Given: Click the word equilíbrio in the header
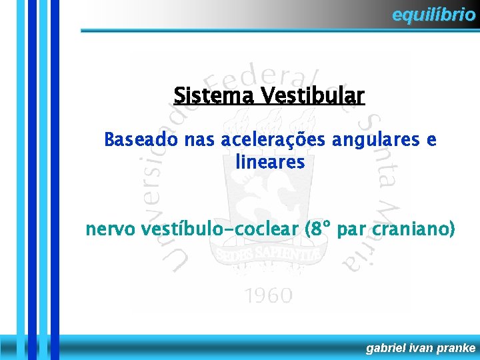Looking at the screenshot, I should click(433, 14).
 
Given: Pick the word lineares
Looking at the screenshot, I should click(270, 161).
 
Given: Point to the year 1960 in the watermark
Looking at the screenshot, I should click(267, 295).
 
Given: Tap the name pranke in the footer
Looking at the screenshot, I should click(457, 347).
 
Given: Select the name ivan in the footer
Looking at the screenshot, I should click(423, 347).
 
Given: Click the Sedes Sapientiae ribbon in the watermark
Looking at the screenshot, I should click(267, 255).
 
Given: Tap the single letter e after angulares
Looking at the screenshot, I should click(431, 141).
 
